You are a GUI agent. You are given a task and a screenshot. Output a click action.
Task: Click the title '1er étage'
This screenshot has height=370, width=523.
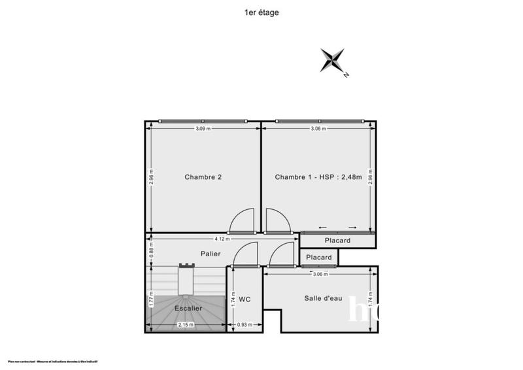pos(261,12)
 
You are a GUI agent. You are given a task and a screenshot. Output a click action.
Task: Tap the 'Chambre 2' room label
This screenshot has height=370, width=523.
pos(203,177)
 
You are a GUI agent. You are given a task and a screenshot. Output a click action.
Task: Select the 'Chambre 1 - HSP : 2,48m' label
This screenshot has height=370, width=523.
pos(318,177)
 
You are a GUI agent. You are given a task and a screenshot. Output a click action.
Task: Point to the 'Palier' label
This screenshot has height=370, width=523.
pos(211,254)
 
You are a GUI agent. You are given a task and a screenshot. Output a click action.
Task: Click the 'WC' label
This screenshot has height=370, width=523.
pos(245,299)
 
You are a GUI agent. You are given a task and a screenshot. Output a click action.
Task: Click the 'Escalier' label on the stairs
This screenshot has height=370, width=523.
pos(188,308)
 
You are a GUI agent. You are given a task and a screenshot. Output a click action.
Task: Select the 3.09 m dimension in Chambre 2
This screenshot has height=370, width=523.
pos(203,129)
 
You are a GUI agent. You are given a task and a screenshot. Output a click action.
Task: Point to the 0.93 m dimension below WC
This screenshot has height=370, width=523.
pos(244,325)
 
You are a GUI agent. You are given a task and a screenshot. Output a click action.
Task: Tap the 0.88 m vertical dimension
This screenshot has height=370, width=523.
pos(151,250)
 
